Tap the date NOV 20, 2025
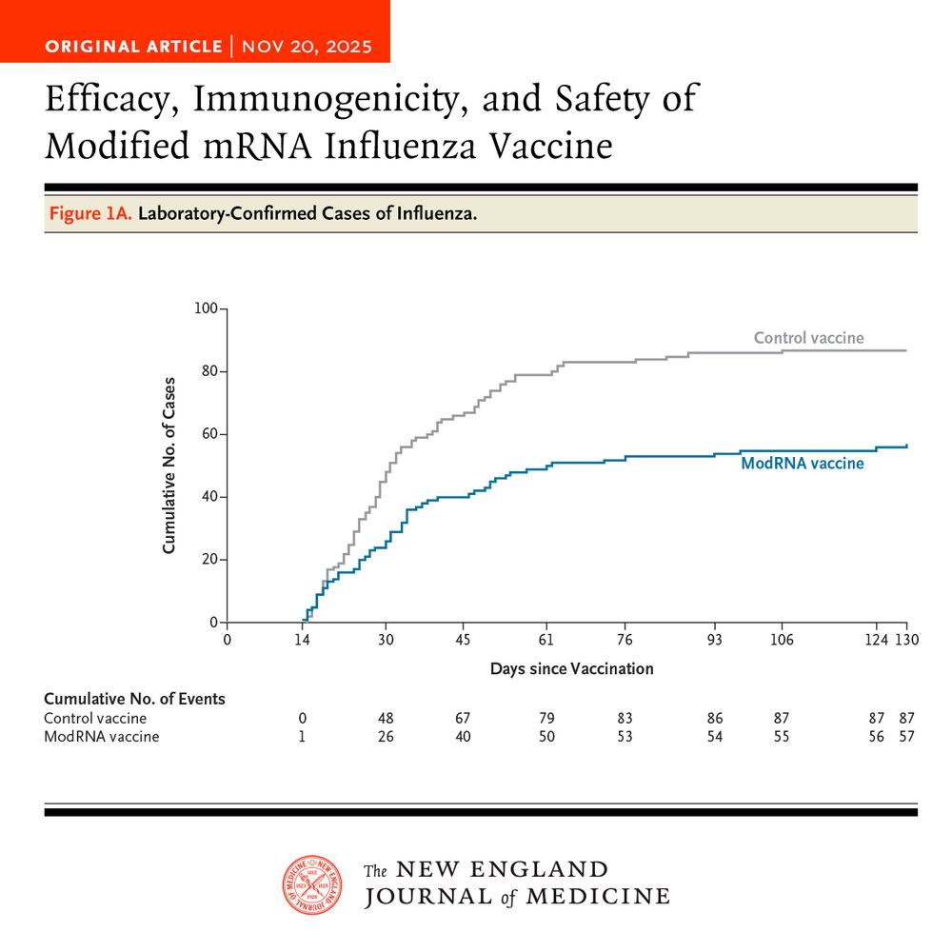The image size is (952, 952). (307, 47)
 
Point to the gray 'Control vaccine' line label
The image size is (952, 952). (808, 338)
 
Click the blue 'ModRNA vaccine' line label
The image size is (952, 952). (802, 464)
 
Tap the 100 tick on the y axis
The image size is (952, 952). (205, 308)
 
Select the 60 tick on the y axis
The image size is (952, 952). (208, 434)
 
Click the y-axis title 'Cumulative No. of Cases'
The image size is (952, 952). (169, 465)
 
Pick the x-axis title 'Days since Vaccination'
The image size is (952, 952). (571, 668)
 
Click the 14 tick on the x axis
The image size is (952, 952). (302, 640)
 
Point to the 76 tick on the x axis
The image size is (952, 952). (625, 640)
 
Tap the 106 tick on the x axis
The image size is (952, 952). (783, 640)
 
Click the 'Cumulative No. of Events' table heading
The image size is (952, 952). (134, 699)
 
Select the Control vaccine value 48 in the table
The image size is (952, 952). (386, 718)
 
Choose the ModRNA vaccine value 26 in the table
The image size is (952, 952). (386, 737)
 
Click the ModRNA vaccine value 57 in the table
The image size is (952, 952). (906, 737)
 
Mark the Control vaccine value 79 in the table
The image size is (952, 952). (546, 718)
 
